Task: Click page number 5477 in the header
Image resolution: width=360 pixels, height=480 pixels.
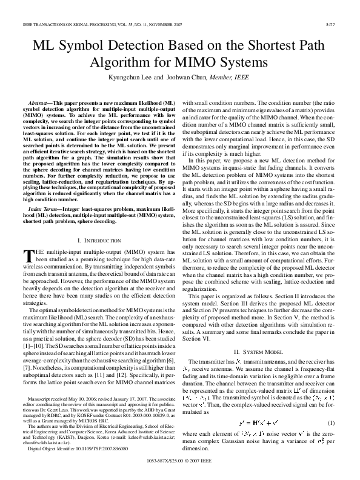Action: (x=344, y=24)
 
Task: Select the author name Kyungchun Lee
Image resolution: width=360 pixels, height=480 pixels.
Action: (x=136, y=78)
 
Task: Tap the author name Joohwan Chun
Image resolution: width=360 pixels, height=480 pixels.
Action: (x=187, y=78)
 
